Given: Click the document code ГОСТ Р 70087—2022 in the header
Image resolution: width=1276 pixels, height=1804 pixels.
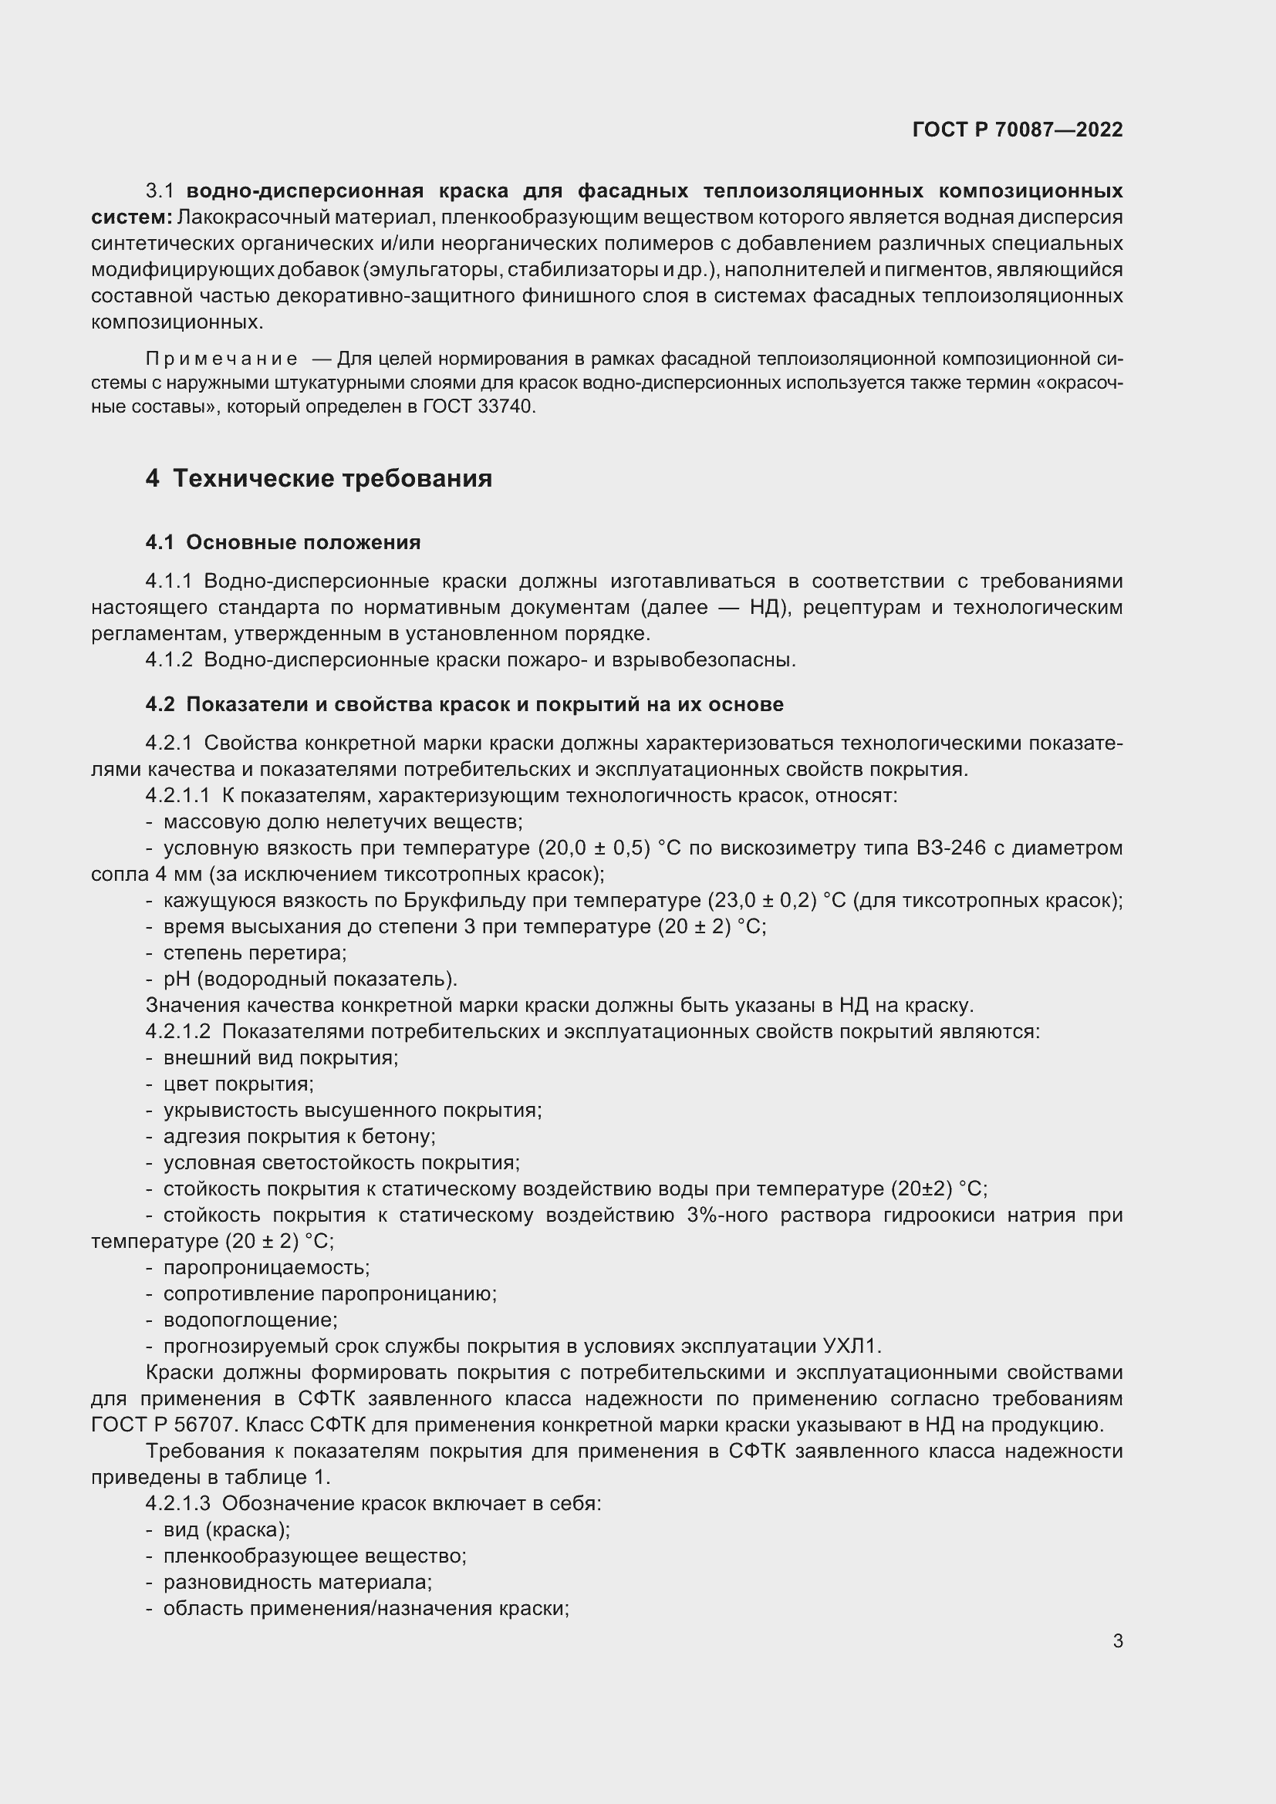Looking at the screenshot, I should (1017, 130).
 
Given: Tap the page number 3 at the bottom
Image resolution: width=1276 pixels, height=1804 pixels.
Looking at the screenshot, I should (1117, 1640).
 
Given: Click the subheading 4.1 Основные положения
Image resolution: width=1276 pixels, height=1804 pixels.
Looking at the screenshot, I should (283, 542).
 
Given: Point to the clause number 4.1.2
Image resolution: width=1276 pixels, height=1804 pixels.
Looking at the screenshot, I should (169, 660).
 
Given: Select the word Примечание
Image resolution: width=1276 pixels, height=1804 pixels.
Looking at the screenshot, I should (221, 359).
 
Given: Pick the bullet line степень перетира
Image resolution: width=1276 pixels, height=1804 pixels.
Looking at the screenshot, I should (255, 953).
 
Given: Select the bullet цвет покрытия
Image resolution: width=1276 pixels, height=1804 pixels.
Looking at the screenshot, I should (238, 1084).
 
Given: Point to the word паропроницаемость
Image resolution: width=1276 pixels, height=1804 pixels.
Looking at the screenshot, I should (266, 1267).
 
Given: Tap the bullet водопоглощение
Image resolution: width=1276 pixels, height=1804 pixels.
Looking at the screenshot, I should (250, 1320).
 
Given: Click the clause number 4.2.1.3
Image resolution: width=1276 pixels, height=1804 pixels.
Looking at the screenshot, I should (177, 1504).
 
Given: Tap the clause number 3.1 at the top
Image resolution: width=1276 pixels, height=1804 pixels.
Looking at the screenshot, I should (160, 191).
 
